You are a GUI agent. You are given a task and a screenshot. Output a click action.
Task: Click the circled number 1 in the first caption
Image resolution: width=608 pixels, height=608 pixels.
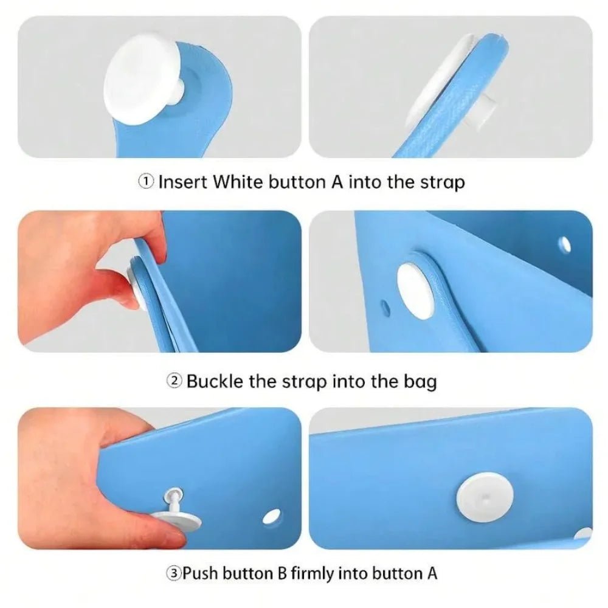(146, 181)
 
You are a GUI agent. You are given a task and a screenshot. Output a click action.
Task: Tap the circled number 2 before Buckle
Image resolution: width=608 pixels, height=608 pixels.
(174, 381)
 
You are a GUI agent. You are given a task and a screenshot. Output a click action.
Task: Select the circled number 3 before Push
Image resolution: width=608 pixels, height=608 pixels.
(174, 573)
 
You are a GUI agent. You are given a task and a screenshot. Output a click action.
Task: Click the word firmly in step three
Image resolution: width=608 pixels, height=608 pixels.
(312, 573)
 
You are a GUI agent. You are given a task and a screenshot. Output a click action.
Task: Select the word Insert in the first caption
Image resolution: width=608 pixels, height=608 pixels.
(183, 181)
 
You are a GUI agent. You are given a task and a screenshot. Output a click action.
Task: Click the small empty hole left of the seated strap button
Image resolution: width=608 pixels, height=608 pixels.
(385, 307)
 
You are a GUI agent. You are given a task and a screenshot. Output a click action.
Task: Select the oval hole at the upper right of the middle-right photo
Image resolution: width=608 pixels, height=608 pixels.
(565, 244)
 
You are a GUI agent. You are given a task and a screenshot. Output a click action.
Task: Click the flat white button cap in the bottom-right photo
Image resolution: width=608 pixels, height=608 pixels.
(485, 496)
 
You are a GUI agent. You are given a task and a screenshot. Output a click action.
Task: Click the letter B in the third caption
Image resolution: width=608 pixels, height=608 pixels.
(282, 573)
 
